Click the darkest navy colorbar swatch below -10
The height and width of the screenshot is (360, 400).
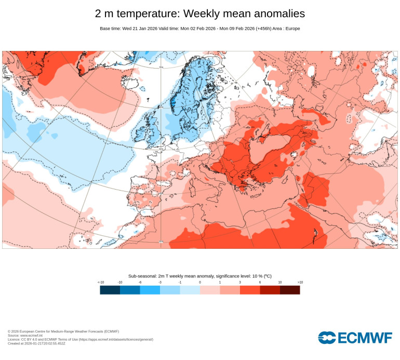point(110,290)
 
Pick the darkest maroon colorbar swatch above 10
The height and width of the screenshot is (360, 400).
point(290,290)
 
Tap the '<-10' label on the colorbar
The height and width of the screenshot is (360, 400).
point(101,282)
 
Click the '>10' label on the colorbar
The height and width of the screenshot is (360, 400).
point(299,282)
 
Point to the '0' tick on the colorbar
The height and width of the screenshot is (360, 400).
point(200,282)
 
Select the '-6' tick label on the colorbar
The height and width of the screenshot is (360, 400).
point(140,282)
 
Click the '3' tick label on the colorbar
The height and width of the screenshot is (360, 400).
point(240,282)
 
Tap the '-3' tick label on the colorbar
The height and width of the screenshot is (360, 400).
point(160,282)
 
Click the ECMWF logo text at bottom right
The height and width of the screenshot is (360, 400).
point(365,338)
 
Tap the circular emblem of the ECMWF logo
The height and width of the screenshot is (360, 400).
point(327,338)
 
